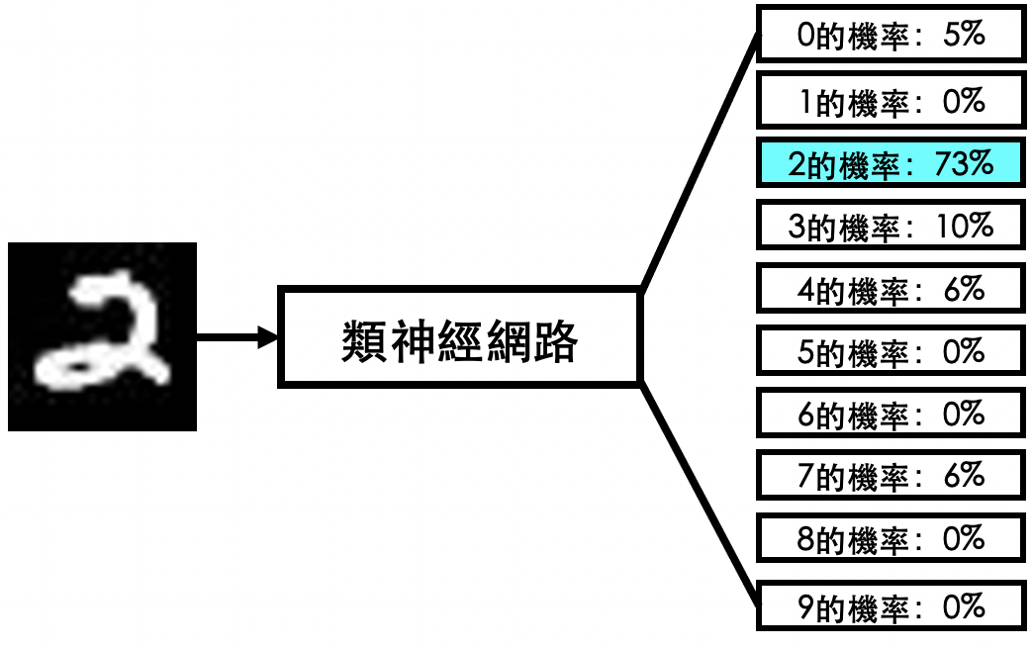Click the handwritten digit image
coord(102,336)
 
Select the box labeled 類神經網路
coord(461,336)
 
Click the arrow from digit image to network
coord(237,337)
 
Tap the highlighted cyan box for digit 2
coord(889,163)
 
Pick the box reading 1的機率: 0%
coord(889,100)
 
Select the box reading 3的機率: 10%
coord(889,226)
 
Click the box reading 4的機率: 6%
coord(889,289)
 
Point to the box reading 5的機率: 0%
coord(889,351)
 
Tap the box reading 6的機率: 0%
coord(889,414)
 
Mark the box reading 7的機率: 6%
coord(889,476)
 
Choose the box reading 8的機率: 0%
coord(889,539)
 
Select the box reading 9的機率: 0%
coord(889,604)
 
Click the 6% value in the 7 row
coord(964,476)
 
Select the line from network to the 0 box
coord(700,162)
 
